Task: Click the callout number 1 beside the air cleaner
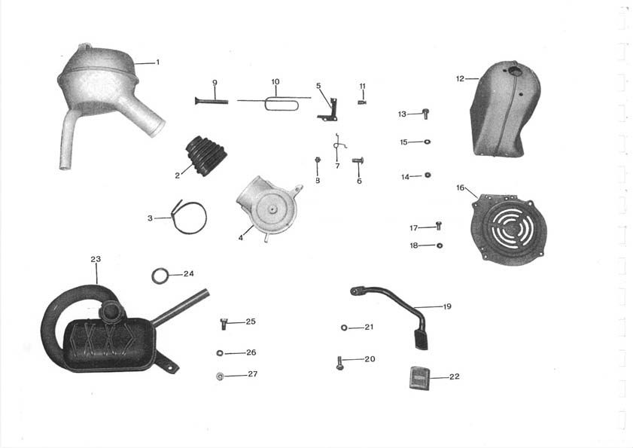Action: pyautogui.click(x=158, y=62)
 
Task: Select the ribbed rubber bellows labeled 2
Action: pyautogui.click(x=206, y=156)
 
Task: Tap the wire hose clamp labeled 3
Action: pyautogui.click(x=189, y=218)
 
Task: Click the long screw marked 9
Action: pyautogui.click(x=212, y=101)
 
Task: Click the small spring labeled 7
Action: pyautogui.click(x=339, y=145)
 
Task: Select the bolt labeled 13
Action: pyautogui.click(x=425, y=114)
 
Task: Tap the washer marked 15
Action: pyautogui.click(x=427, y=142)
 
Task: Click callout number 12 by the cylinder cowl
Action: pyautogui.click(x=460, y=79)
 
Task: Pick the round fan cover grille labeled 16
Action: pyautogui.click(x=509, y=230)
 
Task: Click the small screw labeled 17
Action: pyautogui.click(x=439, y=225)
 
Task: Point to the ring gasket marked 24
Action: pyautogui.click(x=160, y=276)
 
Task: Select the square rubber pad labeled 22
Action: pyautogui.click(x=419, y=378)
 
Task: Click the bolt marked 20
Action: pyautogui.click(x=339, y=363)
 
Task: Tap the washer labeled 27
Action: pyautogui.click(x=220, y=376)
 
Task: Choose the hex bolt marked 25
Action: pyautogui.click(x=224, y=324)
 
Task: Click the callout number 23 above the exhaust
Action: pyautogui.click(x=96, y=259)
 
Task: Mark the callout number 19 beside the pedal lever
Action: pyautogui.click(x=447, y=306)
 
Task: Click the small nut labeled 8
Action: pyautogui.click(x=318, y=160)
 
